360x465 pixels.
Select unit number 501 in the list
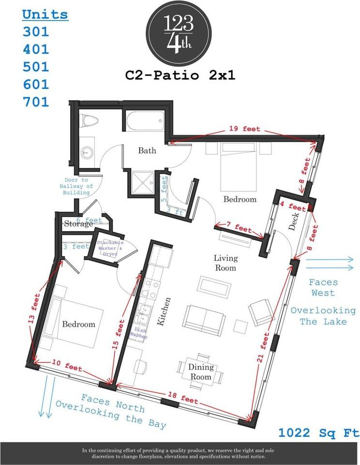pyautogui.click(x=36, y=66)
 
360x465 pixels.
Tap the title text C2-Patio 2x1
pyautogui.click(x=180, y=75)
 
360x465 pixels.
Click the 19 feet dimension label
pyautogui.click(x=244, y=129)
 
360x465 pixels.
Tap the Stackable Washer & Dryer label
pyautogui.click(x=110, y=248)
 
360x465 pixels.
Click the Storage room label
pyautogui.click(x=78, y=224)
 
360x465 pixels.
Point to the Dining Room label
pyautogui.click(x=201, y=372)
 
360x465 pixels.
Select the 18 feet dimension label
pyautogui.click(x=183, y=398)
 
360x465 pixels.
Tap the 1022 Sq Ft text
pyautogui.click(x=318, y=433)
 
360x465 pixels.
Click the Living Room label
pyautogui.click(x=225, y=263)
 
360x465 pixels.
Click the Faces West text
pyautogui.click(x=323, y=287)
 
